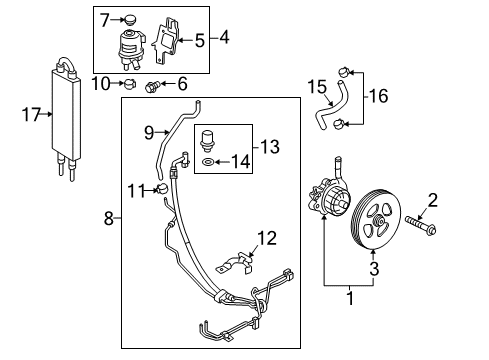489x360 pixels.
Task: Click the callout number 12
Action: tap(265, 238)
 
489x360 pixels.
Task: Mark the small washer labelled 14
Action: tap(206, 161)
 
